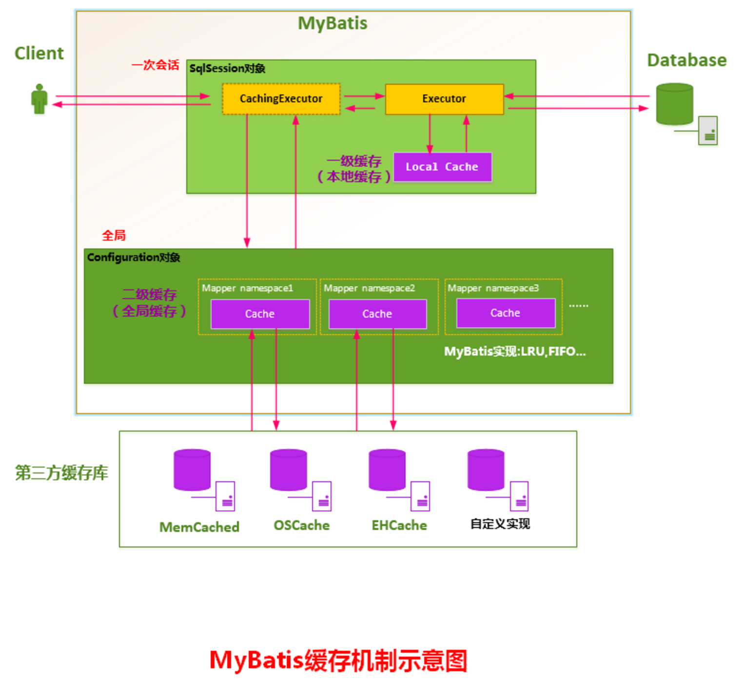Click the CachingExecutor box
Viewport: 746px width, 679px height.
281,99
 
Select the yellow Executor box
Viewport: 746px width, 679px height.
444,99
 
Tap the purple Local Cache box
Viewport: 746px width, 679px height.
442,167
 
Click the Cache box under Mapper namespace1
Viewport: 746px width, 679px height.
260,314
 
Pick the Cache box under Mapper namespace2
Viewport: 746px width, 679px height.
377,314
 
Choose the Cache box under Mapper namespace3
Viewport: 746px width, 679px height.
506,313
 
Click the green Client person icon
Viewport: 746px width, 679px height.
39,99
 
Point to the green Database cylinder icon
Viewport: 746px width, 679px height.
674,104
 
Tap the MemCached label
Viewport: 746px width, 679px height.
199,527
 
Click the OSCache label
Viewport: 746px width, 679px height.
301,526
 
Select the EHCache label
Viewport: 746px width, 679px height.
399,526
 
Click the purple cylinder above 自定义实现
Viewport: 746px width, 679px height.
486,470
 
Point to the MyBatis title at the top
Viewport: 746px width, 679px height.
333,23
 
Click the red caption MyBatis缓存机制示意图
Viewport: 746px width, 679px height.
338,661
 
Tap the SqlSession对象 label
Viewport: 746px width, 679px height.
227,69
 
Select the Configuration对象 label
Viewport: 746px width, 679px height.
134,257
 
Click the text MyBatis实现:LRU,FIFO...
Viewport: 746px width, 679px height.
514,352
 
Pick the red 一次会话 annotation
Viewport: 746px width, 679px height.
155,65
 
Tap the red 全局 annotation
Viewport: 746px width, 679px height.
114,236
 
